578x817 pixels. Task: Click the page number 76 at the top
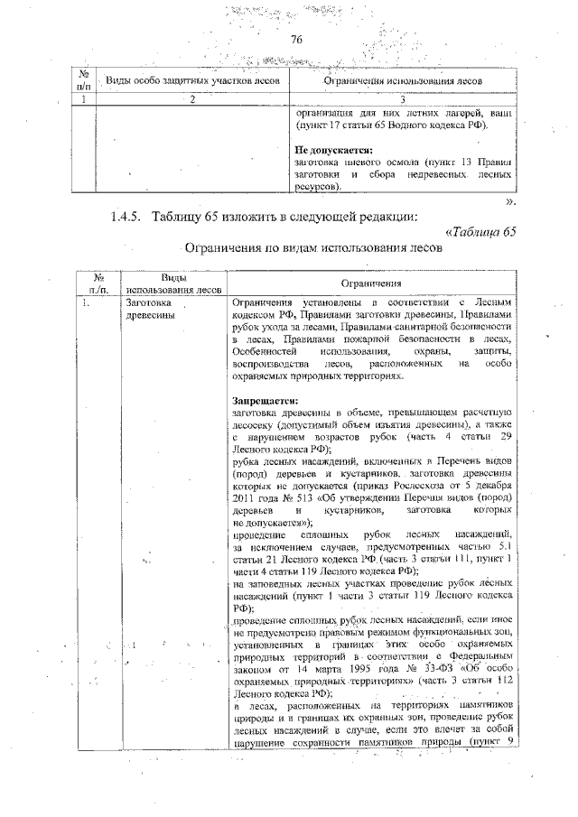point(294,40)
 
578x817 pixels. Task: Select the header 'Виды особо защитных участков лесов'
point(193,81)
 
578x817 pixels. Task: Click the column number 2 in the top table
point(192,99)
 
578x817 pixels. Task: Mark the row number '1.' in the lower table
point(84,303)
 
